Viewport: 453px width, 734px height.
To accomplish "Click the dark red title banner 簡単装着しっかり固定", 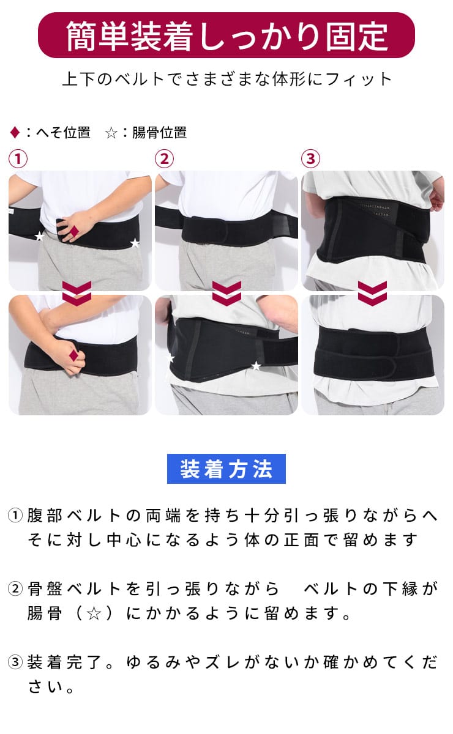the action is point(226,35).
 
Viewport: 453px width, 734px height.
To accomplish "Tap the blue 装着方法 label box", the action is point(226,469).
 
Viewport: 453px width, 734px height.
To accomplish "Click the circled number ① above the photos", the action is point(18,159).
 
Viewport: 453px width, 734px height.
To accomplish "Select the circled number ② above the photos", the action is point(164,159).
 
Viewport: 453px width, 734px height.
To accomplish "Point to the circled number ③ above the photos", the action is point(310,159).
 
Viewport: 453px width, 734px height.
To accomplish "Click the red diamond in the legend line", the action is point(15,133).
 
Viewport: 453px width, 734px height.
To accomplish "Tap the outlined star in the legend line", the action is point(111,133).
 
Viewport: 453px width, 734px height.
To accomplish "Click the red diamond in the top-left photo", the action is point(75,231).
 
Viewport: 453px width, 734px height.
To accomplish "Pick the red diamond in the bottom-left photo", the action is point(74,355).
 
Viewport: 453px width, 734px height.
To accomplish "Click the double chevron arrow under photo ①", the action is point(77,293).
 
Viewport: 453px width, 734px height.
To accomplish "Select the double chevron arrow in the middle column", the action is point(226,293).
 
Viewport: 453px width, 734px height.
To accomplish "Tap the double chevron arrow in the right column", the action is point(372,293).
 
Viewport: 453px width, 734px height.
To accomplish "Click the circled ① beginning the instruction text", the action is point(15,516).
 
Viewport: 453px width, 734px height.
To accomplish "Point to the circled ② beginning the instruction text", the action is point(15,589).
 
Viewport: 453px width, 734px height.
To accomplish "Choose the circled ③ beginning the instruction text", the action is point(15,662).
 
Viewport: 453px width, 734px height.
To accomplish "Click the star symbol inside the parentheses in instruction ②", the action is point(94,613).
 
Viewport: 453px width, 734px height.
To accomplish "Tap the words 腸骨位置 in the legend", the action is point(159,133).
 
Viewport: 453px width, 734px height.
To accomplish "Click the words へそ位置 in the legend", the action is point(63,133).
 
